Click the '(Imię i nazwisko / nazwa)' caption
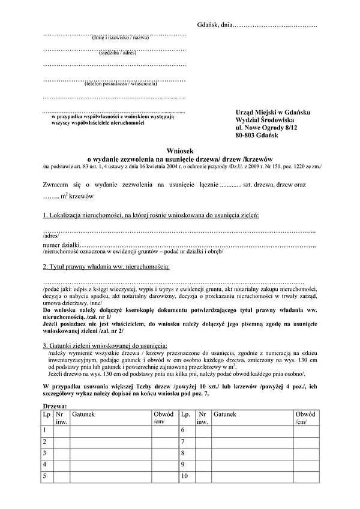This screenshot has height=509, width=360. click(121, 38)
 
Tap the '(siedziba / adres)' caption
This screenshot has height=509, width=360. click(119, 53)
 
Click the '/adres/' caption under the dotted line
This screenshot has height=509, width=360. click(51, 236)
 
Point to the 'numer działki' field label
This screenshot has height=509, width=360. click(61, 245)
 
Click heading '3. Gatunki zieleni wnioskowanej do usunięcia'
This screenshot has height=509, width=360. click(105, 345)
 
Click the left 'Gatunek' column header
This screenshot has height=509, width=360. click(83, 414)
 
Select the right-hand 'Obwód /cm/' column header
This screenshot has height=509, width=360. click(304, 418)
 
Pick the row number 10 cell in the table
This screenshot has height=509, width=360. click(185, 476)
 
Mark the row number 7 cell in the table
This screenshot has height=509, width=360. click(184, 442)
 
